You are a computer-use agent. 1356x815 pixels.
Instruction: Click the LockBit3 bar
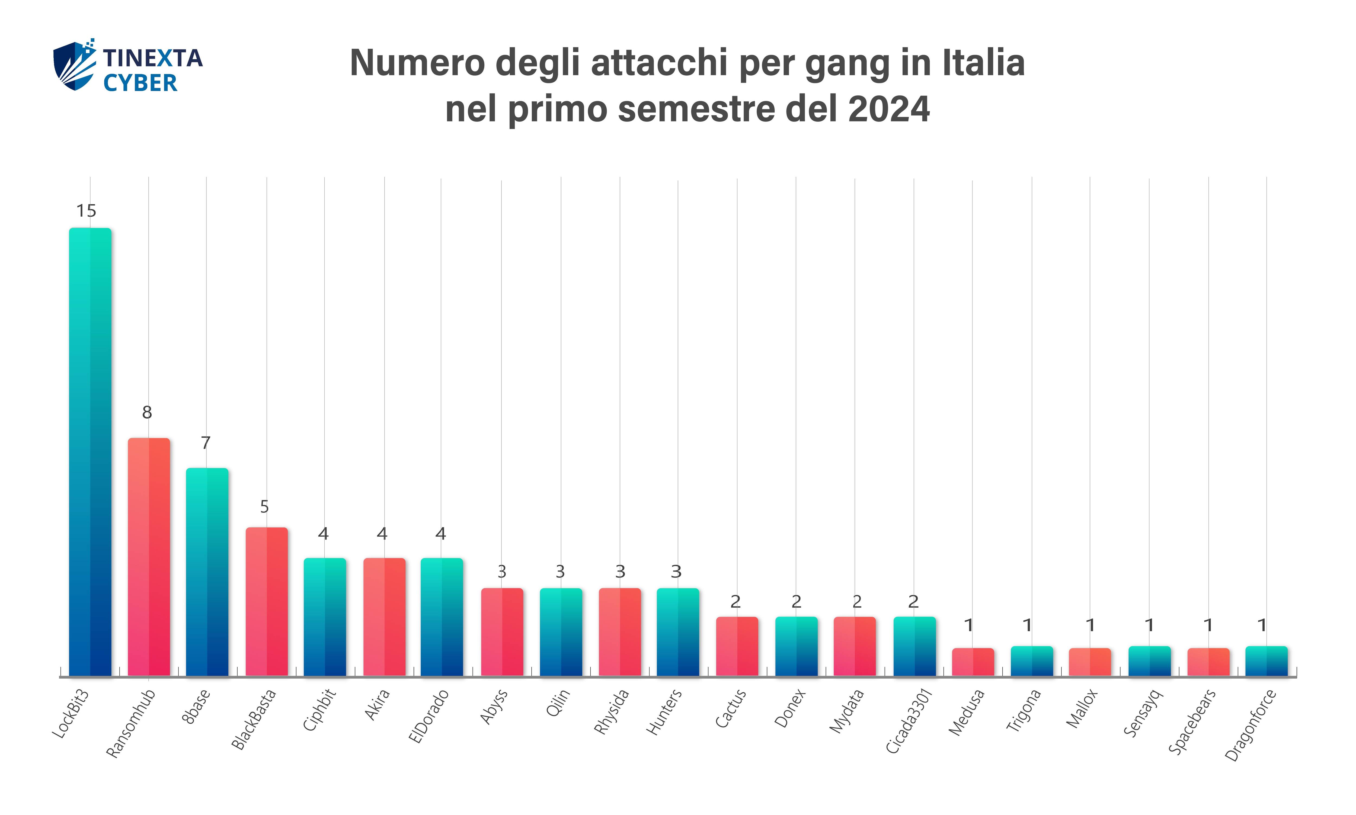point(90,451)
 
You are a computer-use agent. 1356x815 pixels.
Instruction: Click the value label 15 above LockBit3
point(86,211)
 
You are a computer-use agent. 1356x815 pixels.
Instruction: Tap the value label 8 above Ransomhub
point(147,412)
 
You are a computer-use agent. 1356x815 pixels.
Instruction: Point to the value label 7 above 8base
point(205,443)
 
